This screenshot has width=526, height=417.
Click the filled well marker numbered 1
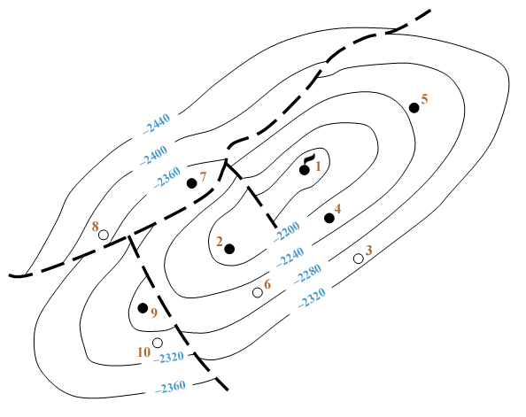305,170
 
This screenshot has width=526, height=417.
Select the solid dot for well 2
229,249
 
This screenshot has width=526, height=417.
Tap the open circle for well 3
359,259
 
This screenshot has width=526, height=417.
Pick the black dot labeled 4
329,218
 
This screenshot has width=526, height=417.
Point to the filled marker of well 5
414,108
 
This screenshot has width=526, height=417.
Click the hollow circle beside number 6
258,292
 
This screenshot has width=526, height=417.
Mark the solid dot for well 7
191,183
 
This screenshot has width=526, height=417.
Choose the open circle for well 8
104,235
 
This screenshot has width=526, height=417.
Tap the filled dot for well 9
143,307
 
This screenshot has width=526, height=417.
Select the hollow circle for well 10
158,343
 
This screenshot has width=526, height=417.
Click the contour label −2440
157,124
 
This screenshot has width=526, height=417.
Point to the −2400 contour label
153,155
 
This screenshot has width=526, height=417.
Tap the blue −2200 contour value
287,231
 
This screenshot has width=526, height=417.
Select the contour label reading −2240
290,257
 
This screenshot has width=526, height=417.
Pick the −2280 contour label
307,274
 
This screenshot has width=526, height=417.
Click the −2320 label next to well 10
168,358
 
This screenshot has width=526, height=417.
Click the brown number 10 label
143,352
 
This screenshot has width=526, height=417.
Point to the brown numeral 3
368,250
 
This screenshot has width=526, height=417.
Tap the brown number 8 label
96,227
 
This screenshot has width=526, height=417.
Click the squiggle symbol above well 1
309,159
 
